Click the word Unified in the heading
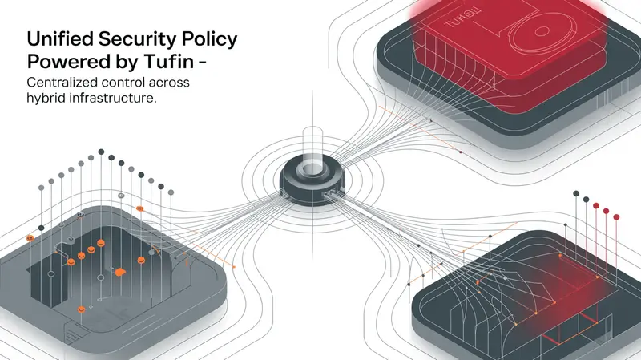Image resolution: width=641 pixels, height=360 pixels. pyautogui.click(x=59, y=39)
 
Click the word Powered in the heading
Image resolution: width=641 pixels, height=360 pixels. pyautogui.click(x=67, y=63)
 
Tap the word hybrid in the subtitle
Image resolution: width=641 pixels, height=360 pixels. pyautogui.click(x=47, y=99)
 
